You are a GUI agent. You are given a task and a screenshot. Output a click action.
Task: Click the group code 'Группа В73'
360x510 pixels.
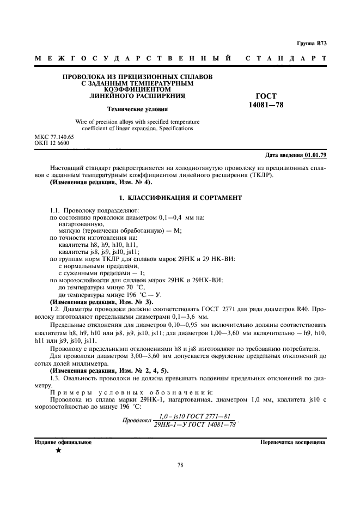(x=312, y=42)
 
